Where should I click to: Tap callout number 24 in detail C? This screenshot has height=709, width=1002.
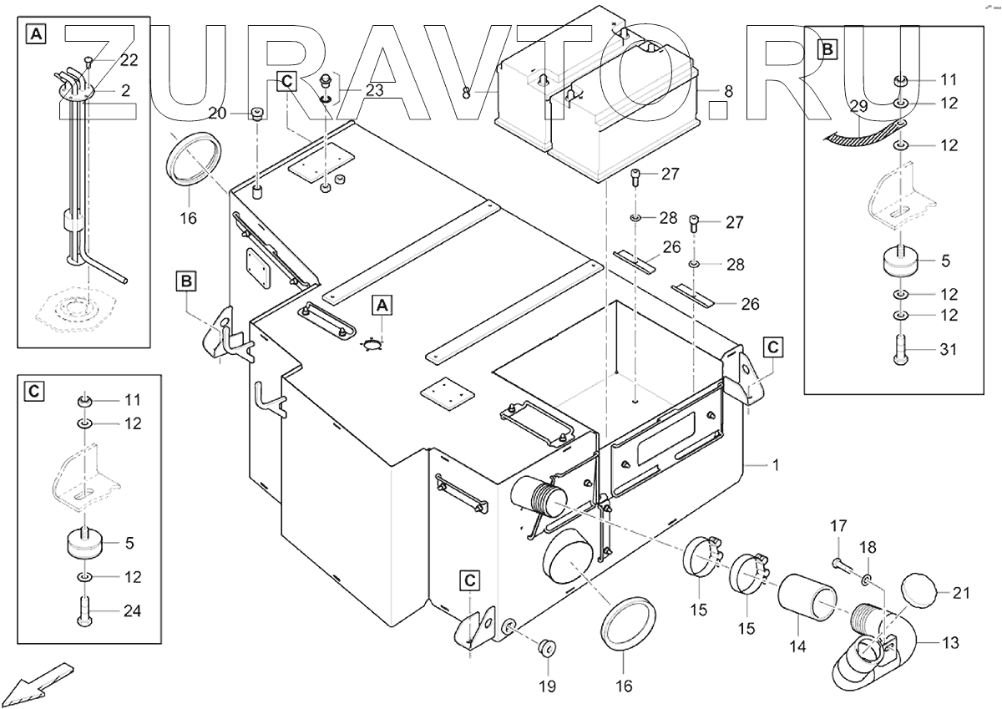[x=132, y=611]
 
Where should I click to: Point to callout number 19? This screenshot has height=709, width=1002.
[x=547, y=686]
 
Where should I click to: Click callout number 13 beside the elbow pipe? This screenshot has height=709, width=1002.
[x=950, y=643]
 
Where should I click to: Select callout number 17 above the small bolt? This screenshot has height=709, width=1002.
[x=838, y=526]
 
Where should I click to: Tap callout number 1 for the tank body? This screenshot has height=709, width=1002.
[x=776, y=464]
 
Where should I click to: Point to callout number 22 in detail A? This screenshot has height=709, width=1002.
[x=129, y=60]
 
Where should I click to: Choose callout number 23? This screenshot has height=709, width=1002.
[x=374, y=91]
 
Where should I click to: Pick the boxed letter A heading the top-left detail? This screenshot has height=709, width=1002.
[x=36, y=34]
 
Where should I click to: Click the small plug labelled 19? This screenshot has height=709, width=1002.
[x=548, y=647]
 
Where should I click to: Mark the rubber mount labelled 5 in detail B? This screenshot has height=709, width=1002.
[x=900, y=261]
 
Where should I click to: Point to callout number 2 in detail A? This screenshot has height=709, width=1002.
[x=125, y=90]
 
